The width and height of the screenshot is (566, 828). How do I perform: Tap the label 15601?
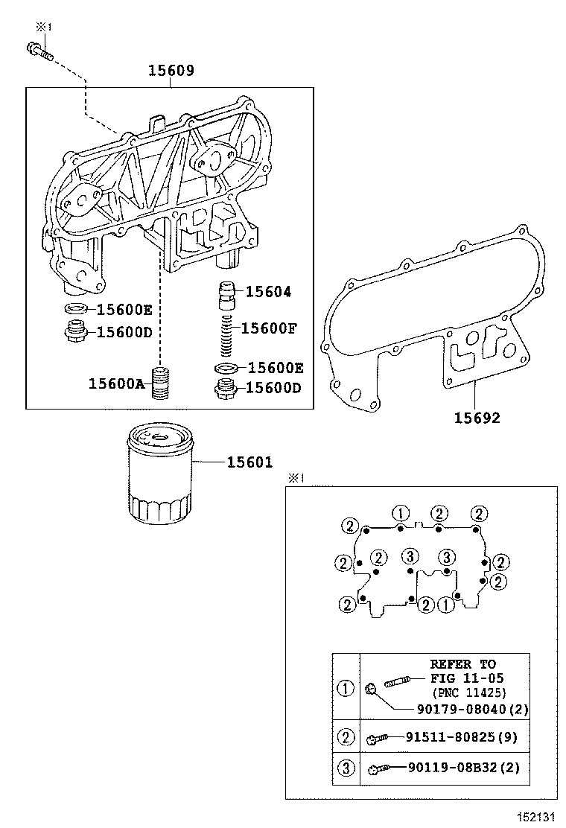pyautogui.click(x=249, y=463)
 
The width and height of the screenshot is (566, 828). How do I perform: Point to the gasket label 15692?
pyautogui.click(x=477, y=418)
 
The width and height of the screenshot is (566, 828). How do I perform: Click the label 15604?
pyautogui.click(x=268, y=292)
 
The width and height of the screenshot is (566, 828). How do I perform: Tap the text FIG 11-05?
pyautogui.click(x=467, y=678)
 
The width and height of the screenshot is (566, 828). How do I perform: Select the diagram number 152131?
pyautogui.click(x=537, y=818)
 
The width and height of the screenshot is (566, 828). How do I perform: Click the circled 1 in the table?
pyautogui.click(x=346, y=689)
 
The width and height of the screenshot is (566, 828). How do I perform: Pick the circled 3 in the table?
pyautogui.click(x=346, y=768)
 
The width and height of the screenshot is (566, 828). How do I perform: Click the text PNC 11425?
pyautogui.click(x=468, y=692)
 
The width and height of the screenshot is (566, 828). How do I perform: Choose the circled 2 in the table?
pyautogui.click(x=346, y=738)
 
